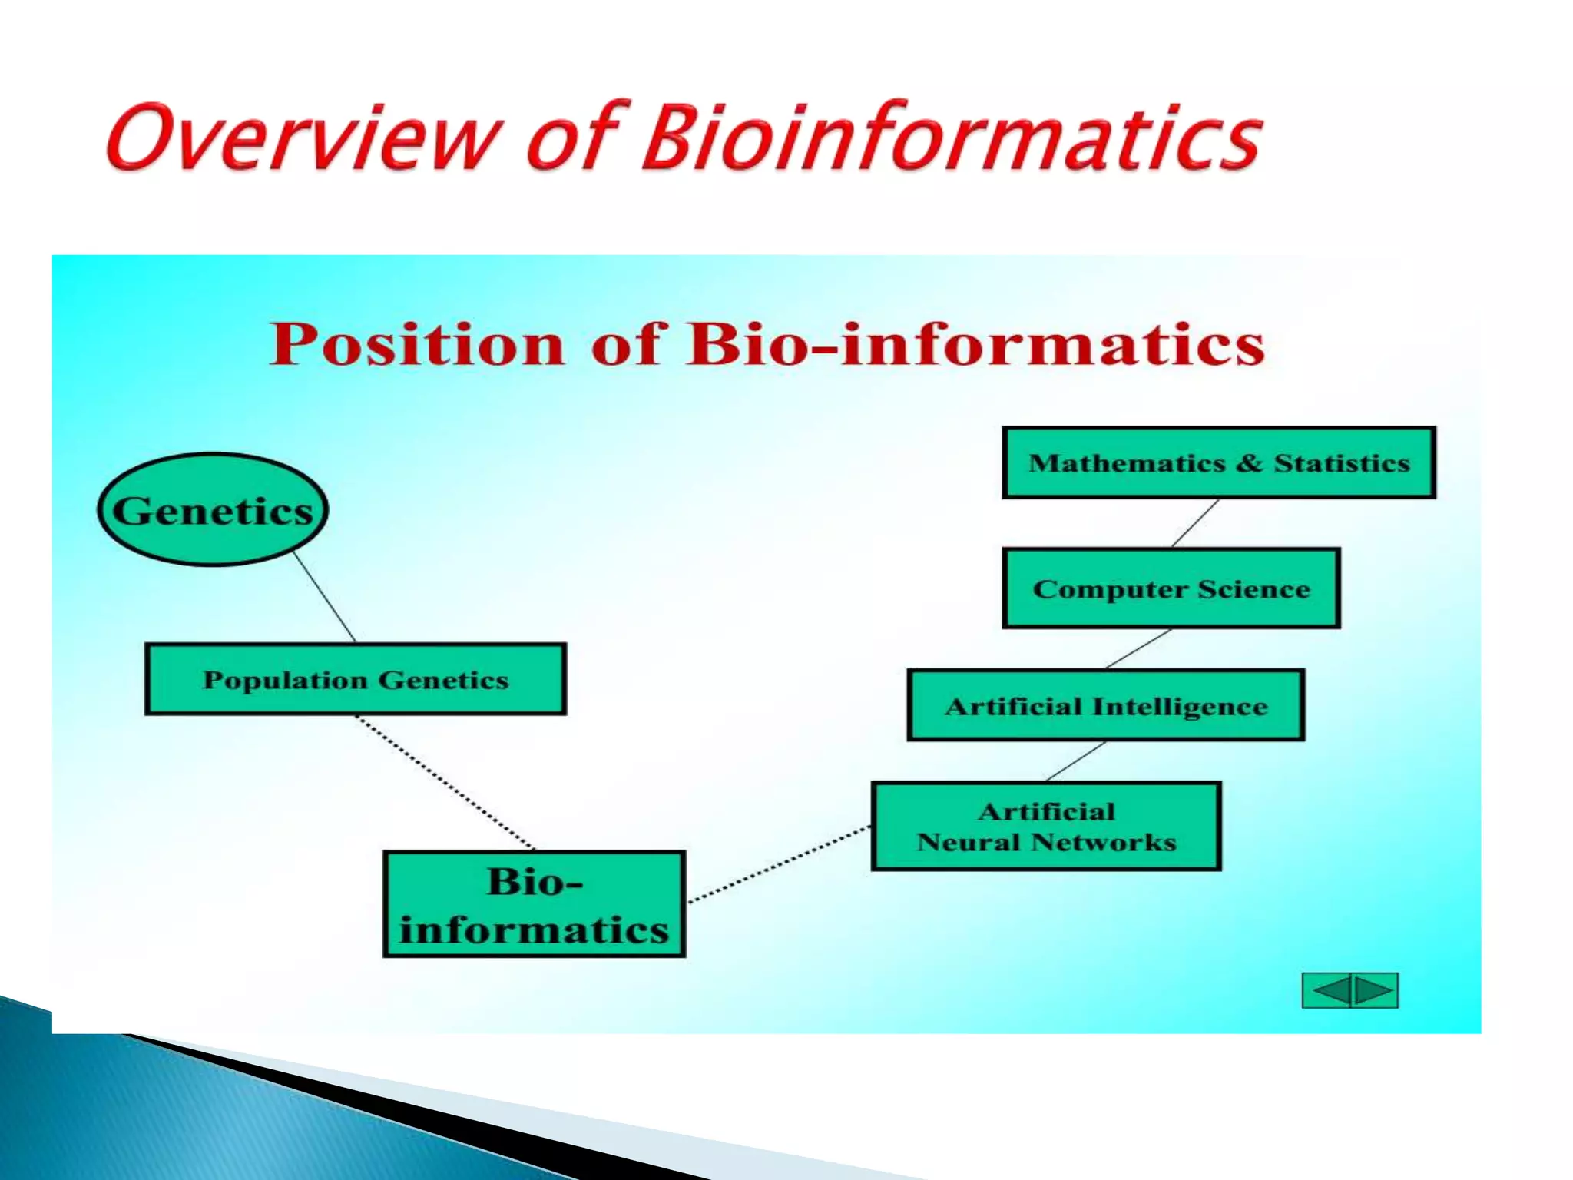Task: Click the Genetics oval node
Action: pyautogui.click(x=213, y=510)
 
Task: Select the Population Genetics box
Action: pyautogui.click(x=356, y=679)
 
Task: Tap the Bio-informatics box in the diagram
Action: pyautogui.click(x=534, y=904)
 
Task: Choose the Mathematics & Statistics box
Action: pyautogui.click(x=1219, y=462)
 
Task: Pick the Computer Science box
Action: pyautogui.click(x=1171, y=588)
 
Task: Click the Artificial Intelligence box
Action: pyautogui.click(x=1106, y=705)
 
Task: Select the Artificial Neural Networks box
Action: pyautogui.click(x=1046, y=827)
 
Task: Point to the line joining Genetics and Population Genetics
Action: pyautogui.click(x=325, y=597)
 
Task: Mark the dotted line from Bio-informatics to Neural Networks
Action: pyautogui.click(x=780, y=864)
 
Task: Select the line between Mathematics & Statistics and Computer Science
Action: pyautogui.click(x=1195, y=523)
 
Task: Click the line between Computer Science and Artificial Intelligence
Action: pyautogui.click(x=1139, y=648)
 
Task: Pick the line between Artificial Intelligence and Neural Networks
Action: pyautogui.click(x=1076, y=761)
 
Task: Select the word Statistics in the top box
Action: pyautogui.click(x=1342, y=462)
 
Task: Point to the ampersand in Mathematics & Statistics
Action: pyautogui.click(x=1249, y=462)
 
